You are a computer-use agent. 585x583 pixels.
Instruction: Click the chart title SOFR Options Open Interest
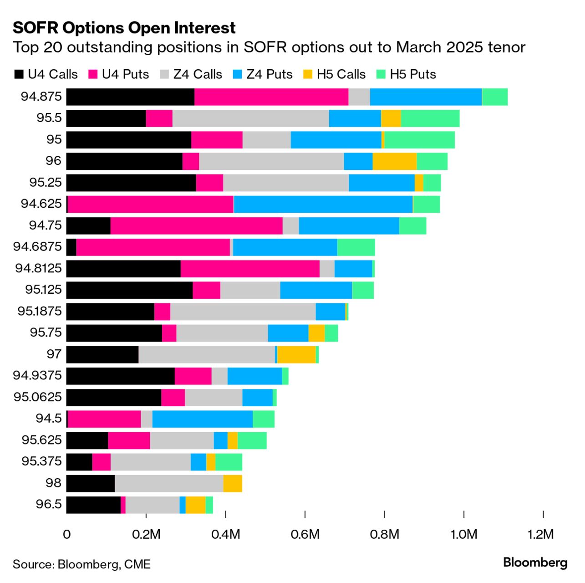124,28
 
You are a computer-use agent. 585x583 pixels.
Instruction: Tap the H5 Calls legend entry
335,74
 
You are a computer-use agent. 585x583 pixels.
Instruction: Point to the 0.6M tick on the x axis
305,534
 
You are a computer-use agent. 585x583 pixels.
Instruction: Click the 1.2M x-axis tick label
541,534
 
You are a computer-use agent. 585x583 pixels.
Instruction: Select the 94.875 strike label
41,97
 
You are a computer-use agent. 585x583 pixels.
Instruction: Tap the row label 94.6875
37,246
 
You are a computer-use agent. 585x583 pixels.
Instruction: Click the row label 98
53,483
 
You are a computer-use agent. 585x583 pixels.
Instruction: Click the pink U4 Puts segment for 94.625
150,204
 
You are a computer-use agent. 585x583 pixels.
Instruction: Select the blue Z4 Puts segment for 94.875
426,97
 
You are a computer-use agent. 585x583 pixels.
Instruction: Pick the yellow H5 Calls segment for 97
296,354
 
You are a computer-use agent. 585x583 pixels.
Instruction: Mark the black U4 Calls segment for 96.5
93,505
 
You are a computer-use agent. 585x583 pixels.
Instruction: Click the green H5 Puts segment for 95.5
430,118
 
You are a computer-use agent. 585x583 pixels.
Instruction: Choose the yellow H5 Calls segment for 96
394,161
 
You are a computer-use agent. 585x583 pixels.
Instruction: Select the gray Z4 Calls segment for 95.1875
243,312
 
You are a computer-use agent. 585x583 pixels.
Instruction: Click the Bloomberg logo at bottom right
535,563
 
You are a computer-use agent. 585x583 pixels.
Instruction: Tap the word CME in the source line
137,564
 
